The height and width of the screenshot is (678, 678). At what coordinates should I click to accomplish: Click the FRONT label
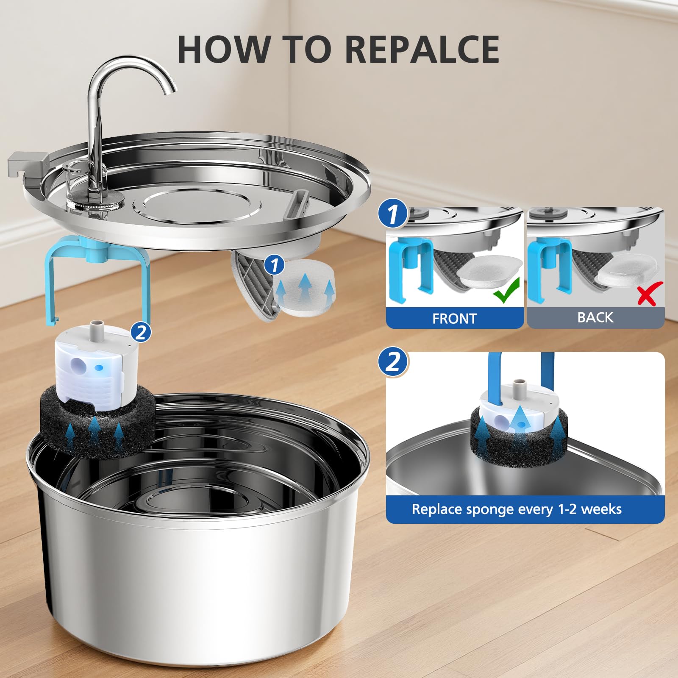tap(454, 318)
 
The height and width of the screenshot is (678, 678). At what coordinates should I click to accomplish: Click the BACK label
tap(595, 317)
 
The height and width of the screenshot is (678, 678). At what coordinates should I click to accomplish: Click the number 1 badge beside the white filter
tap(275, 265)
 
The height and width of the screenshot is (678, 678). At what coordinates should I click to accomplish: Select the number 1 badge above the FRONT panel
tap(393, 214)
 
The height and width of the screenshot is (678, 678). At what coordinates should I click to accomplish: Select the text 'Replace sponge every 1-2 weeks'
tap(516, 509)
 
